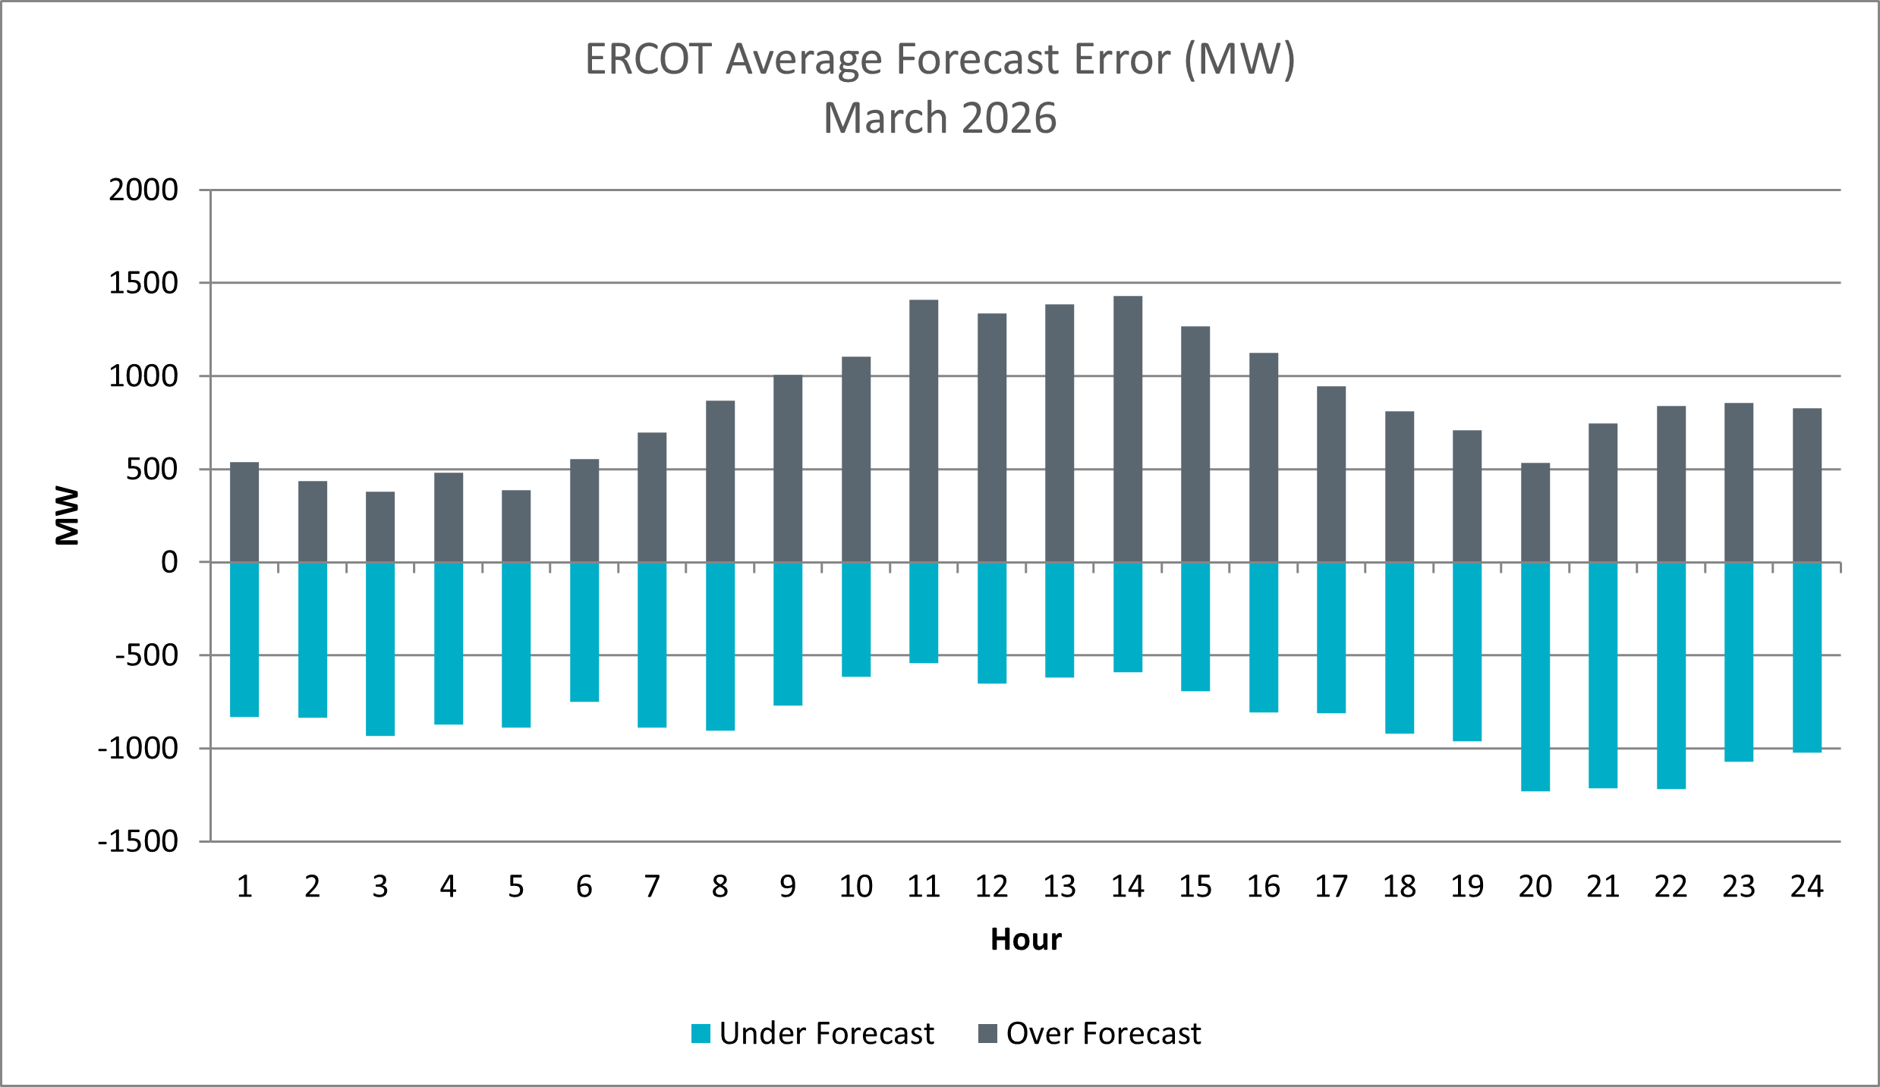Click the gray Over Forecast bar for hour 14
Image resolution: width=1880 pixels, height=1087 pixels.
coord(1127,429)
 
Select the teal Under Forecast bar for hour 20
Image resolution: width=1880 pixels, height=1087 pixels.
coord(1535,677)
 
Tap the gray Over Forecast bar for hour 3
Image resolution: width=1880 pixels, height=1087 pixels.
coord(380,527)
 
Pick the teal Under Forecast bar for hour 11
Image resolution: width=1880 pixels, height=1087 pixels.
coord(924,613)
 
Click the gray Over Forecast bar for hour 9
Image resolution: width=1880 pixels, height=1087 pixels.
coord(788,469)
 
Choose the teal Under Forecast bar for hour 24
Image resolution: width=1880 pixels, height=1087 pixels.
coord(1806,657)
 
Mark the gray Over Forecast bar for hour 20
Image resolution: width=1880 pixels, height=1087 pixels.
coord(1535,513)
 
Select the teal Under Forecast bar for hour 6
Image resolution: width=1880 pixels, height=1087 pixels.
coord(584,632)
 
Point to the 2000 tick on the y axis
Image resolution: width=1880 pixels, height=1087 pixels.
coord(143,190)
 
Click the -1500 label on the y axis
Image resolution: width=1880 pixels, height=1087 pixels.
coord(138,841)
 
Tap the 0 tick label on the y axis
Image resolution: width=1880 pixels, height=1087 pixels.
coord(169,562)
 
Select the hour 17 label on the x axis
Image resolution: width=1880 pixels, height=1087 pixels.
coord(1331,886)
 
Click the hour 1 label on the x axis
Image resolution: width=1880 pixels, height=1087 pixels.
coord(244,886)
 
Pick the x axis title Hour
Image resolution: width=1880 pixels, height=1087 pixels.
coord(1025,939)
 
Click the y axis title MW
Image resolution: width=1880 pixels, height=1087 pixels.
coord(68,515)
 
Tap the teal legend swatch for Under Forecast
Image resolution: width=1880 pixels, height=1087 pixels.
coord(701,1033)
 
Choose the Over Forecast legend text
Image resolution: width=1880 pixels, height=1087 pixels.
coord(1103,1033)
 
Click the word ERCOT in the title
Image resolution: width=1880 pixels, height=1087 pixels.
coord(648,59)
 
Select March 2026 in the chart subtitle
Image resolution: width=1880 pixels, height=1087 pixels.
coord(940,118)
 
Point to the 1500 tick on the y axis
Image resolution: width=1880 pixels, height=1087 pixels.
coord(143,283)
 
